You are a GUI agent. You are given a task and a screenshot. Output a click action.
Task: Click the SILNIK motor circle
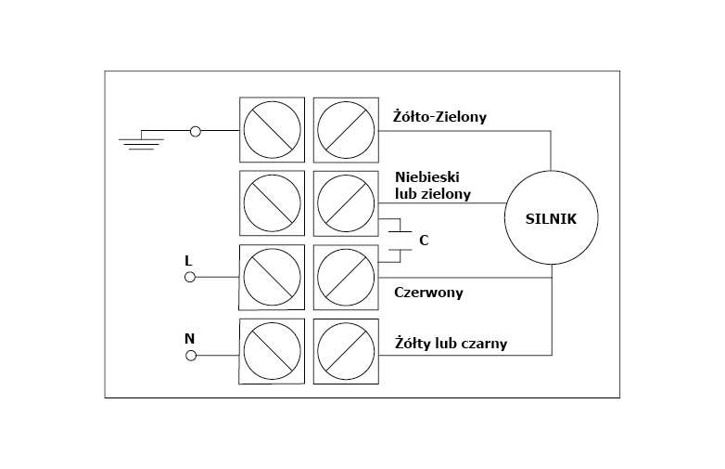coord(551,218)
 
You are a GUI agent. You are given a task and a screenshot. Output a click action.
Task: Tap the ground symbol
coord(141,138)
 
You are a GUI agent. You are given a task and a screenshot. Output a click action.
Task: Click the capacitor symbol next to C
coord(400,239)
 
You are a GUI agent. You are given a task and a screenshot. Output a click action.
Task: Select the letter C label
coord(424,240)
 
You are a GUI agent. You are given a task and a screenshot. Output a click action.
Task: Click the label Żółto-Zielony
coord(440,117)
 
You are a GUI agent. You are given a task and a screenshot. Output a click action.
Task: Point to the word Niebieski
coord(427,176)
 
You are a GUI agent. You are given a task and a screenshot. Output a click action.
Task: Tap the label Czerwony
coord(428,293)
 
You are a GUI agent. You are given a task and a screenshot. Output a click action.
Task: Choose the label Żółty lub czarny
coord(451,344)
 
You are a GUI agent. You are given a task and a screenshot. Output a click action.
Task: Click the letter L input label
coord(188,261)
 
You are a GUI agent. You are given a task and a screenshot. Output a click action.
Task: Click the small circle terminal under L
coord(190,277)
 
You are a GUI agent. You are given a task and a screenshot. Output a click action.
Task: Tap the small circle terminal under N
coord(190,355)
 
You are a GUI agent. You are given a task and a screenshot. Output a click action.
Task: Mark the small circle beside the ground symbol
coord(195,132)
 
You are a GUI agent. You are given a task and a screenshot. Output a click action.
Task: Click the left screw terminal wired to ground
coord(271,131)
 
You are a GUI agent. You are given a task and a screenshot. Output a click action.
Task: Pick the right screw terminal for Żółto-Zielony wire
coord(346,131)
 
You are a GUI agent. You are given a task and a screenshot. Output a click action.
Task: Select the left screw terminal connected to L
coord(271,277)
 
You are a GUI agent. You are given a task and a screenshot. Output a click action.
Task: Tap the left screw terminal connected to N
coord(271,351)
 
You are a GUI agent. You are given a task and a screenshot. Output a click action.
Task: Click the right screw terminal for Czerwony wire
coord(346,277)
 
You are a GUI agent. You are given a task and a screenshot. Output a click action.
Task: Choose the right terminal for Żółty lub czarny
coord(346,351)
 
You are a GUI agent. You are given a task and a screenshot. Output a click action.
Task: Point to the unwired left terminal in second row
coord(271,202)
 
